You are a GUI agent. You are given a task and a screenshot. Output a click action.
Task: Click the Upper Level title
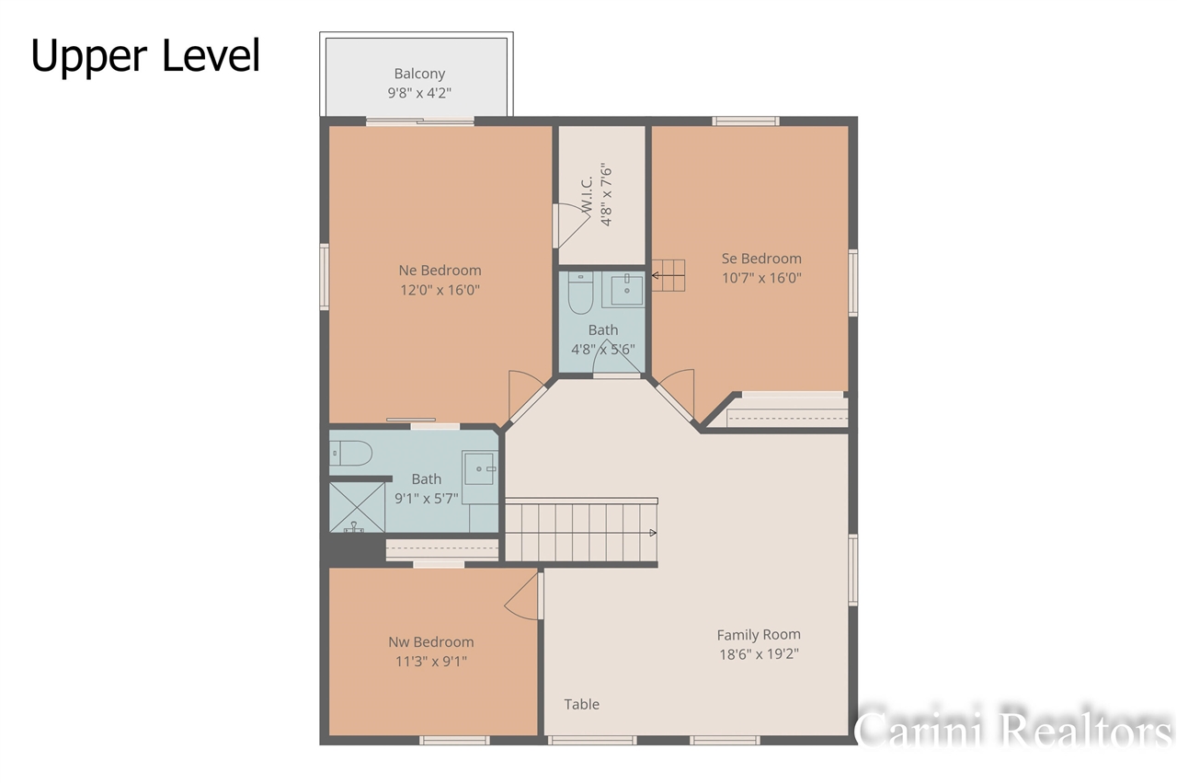(145, 55)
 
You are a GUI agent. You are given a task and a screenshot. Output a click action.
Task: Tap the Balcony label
(419, 74)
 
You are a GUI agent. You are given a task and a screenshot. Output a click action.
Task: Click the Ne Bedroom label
(440, 270)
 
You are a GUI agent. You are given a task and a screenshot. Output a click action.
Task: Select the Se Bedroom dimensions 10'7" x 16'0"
(761, 277)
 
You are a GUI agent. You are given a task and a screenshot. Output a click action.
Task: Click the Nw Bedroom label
(431, 641)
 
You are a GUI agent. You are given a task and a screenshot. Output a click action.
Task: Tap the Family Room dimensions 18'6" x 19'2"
(759, 654)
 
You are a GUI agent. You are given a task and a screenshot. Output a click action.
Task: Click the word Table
(581, 704)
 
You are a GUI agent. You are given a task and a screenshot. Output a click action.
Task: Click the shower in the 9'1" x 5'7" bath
(357, 508)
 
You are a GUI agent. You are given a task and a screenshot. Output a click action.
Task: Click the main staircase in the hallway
(581, 531)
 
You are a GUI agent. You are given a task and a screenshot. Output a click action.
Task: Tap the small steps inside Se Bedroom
(669, 274)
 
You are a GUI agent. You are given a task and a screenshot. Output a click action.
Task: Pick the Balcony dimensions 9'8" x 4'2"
(419, 93)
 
